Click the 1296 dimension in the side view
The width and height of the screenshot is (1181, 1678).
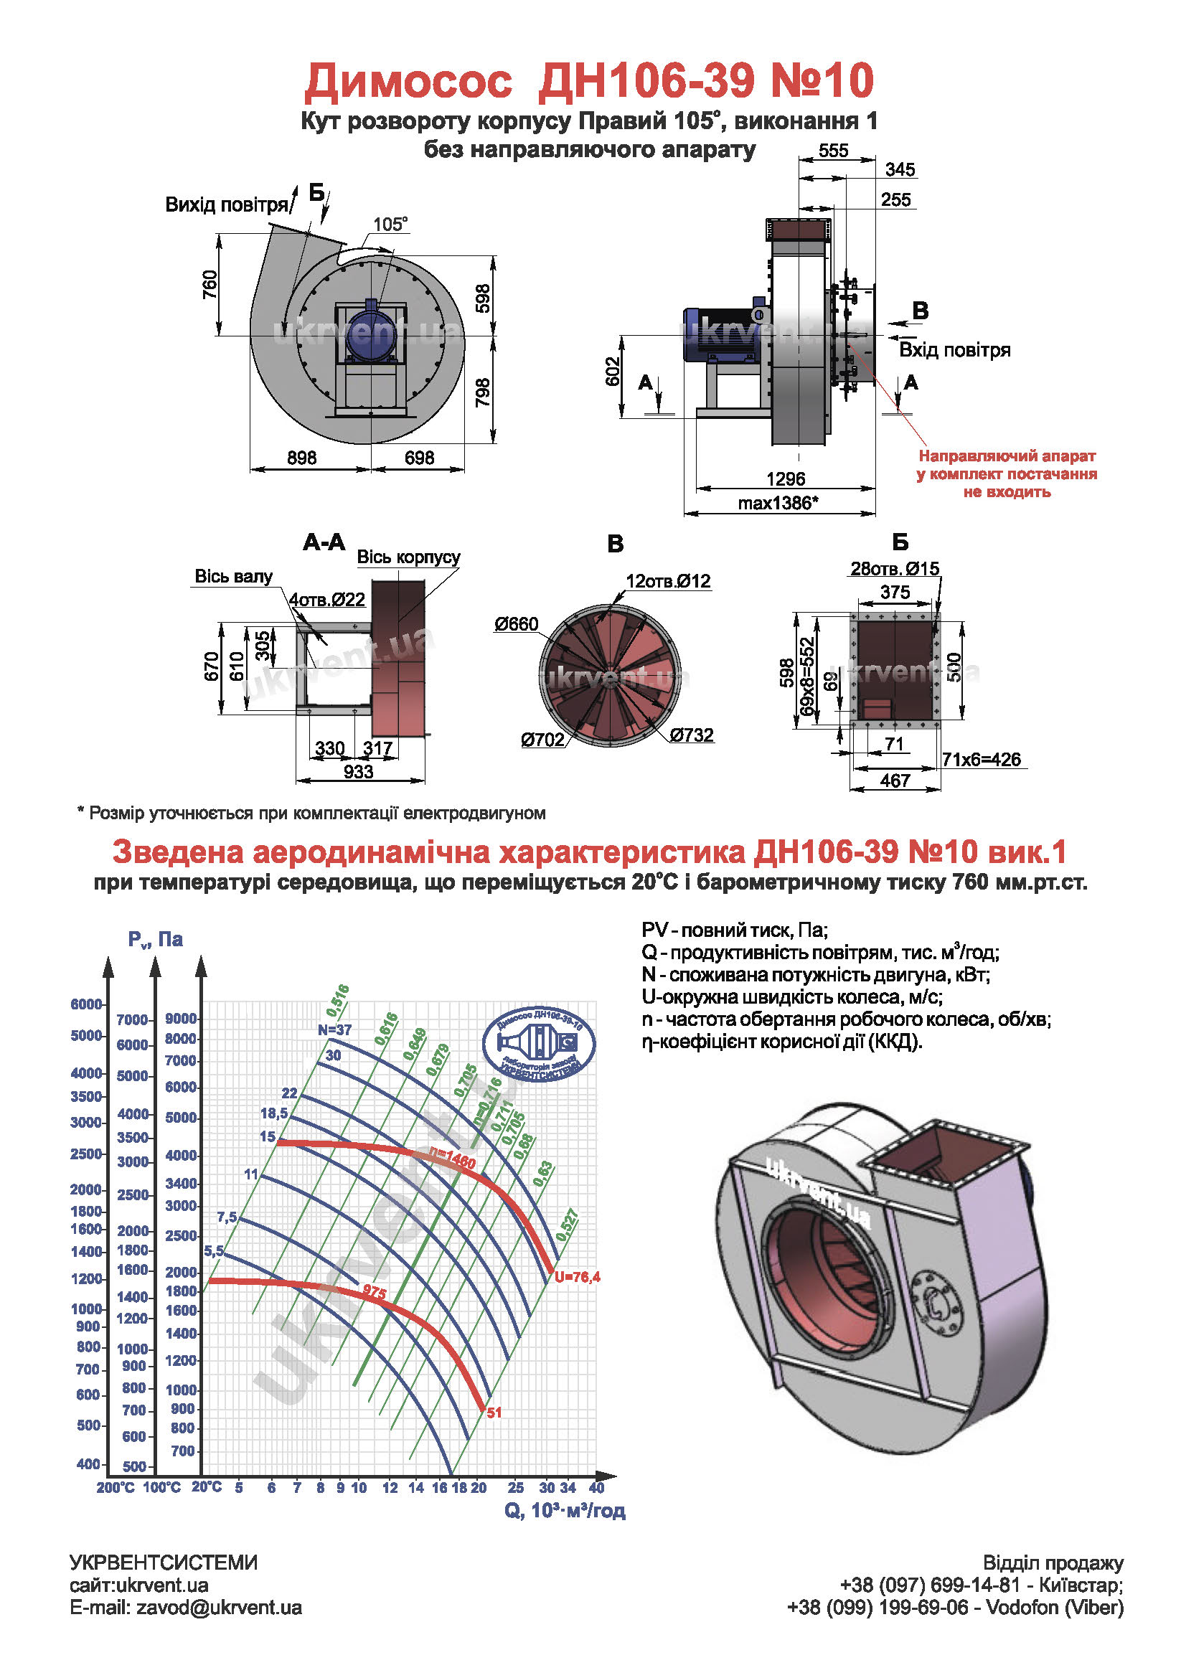785,479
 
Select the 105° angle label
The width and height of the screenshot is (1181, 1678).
390,224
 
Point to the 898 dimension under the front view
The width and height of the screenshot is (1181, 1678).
301,458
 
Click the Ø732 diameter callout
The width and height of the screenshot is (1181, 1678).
691,735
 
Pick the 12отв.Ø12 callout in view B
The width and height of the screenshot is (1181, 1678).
668,581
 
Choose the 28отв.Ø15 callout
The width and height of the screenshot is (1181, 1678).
895,568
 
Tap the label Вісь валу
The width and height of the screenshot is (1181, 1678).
233,576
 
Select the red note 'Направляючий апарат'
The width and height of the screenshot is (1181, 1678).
1007,456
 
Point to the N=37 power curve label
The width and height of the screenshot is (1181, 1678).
335,1029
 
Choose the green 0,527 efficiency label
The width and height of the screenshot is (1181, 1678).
567,1225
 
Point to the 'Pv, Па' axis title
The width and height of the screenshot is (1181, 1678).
156,939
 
